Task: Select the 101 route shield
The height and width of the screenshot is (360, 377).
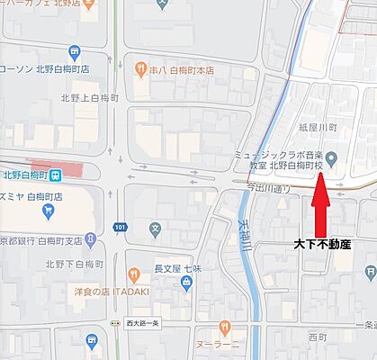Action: click(120, 228)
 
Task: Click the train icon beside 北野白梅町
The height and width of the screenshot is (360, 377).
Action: click(56, 175)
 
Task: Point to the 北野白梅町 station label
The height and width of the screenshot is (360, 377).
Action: click(24, 175)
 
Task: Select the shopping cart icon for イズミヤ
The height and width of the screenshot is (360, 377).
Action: click(47, 212)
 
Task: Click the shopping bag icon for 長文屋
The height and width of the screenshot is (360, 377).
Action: click(186, 281)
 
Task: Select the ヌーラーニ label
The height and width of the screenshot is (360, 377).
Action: click(220, 345)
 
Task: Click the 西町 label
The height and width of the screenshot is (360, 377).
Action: click(318, 337)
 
